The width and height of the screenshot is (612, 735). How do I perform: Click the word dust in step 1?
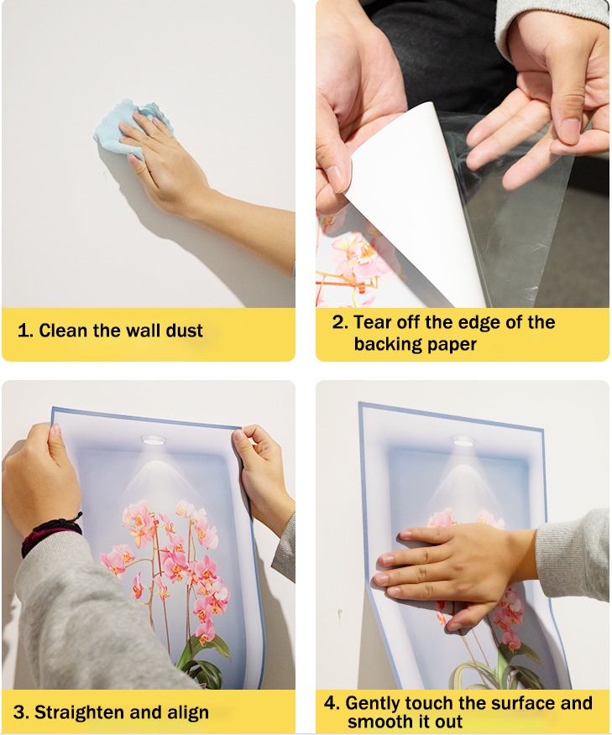[x=185, y=331]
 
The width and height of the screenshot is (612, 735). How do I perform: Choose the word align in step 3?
[x=188, y=712]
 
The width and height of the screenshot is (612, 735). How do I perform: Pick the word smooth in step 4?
[x=379, y=722]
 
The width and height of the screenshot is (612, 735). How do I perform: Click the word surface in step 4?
[x=509, y=703]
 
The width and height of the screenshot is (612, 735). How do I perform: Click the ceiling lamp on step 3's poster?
[x=154, y=440]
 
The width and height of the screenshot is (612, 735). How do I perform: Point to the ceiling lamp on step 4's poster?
[x=463, y=441]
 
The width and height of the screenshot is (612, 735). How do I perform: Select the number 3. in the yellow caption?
[x=21, y=712]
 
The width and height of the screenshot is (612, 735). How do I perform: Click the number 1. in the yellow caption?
[x=25, y=331]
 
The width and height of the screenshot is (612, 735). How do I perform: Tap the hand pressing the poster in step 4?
[x=450, y=567]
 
